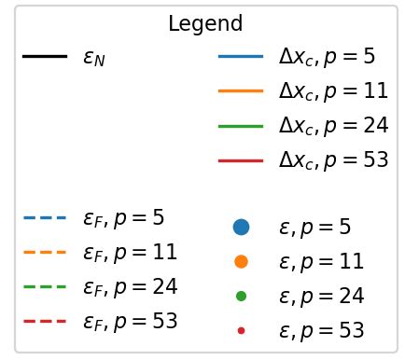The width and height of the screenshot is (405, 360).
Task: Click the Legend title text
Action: tap(205, 24)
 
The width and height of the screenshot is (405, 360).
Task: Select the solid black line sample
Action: tap(44, 57)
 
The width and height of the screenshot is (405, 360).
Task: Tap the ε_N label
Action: tap(93, 59)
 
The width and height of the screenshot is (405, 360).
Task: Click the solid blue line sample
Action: tap(241, 57)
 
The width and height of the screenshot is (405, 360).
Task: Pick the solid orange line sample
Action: tap(241, 91)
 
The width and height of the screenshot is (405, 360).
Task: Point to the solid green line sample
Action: tap(241, 126)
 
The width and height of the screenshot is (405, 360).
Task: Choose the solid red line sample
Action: tap(241, 160)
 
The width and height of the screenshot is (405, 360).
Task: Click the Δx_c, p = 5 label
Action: tap(327, 57)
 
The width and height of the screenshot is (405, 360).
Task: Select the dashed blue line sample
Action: tap(44, 218)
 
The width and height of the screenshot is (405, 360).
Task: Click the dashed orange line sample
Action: tap(44, 253)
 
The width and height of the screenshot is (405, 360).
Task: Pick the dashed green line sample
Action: tap(44, 287)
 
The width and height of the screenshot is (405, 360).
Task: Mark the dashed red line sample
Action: tap(44, 322)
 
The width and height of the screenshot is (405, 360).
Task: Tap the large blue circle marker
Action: tap(241, 227)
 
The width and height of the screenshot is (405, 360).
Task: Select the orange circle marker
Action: tap(241, 261)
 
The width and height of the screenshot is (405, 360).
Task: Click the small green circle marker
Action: tap(241, 296)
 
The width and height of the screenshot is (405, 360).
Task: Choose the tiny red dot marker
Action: tap(241, 330)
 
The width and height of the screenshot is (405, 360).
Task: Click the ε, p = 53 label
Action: tap(321, 330)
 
